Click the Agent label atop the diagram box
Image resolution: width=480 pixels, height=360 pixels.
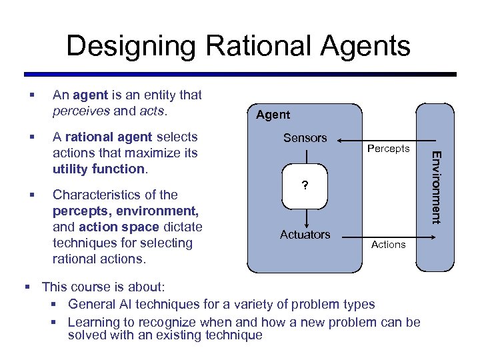coord(273,115)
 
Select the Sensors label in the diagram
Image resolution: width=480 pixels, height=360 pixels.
coord(305,138)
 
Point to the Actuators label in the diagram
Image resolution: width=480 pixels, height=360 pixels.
coord(305,234)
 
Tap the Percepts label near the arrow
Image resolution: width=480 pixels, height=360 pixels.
coord(388,148)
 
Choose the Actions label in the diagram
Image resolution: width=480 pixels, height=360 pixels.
coord(388,245)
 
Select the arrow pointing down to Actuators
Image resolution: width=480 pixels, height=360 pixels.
coord(305,216)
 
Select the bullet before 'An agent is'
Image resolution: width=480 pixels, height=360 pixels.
coord(31,95)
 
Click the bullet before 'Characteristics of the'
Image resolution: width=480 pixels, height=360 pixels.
coord(31,195)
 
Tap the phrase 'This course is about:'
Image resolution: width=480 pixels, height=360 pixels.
coord(103,287)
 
